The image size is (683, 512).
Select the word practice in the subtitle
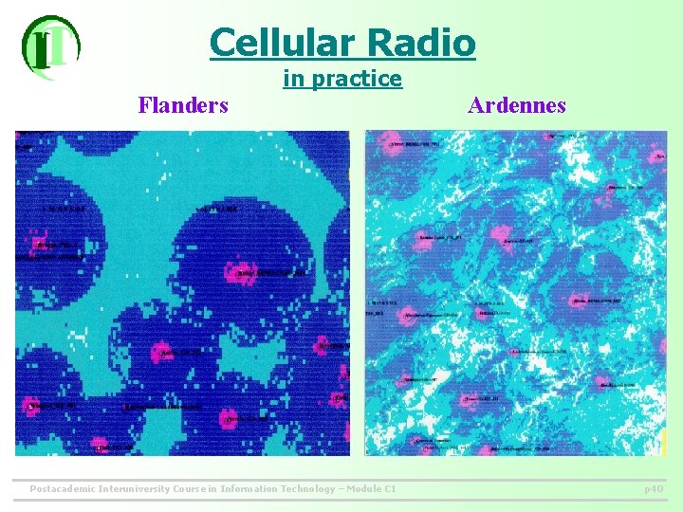[357, 79]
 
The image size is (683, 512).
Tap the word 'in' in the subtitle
[293, 79]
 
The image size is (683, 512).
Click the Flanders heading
[183, 104]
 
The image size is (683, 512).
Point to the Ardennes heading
[516, 104]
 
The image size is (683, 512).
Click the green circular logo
[50, 46]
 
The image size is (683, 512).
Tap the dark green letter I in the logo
[41, 49]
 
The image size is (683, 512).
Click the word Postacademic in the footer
[65, 489]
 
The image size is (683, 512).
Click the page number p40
[653, 489]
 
